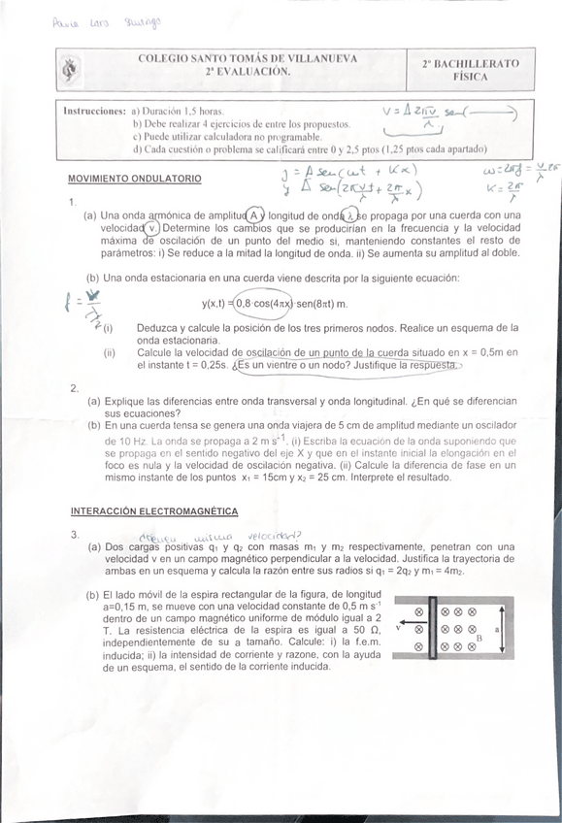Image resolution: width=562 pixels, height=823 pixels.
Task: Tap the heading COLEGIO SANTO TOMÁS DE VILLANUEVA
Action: (x=248, y=58)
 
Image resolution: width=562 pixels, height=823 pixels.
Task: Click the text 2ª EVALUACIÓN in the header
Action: (x=248, y=72)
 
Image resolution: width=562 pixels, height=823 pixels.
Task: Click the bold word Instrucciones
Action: (x=94, y=111)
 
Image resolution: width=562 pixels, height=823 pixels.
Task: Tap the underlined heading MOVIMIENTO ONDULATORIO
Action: (x=135, y=180)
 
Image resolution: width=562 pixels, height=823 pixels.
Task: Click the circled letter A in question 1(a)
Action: (x=254, y=214)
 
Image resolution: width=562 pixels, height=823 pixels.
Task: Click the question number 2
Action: (x=74, y=389)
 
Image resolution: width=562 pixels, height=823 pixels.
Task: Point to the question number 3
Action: (x=74, y=535)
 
